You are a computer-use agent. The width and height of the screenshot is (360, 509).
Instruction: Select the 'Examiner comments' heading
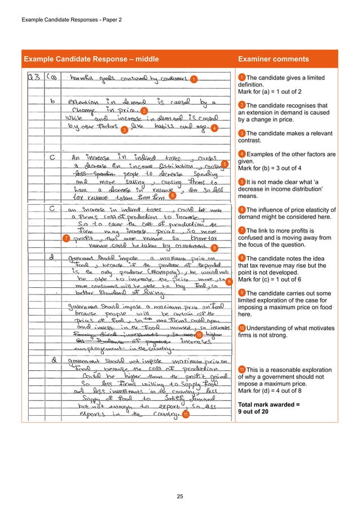[273, 59]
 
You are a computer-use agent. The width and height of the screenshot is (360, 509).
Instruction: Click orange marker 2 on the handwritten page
[144, 110]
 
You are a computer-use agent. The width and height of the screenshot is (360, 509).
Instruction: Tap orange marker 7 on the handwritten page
[67, 239]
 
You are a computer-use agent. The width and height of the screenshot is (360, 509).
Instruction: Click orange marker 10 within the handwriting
[199, 336]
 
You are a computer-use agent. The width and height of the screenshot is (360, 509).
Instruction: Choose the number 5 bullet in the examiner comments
[242, 182]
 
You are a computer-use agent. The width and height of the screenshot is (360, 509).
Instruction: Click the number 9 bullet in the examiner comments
[242, 292]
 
